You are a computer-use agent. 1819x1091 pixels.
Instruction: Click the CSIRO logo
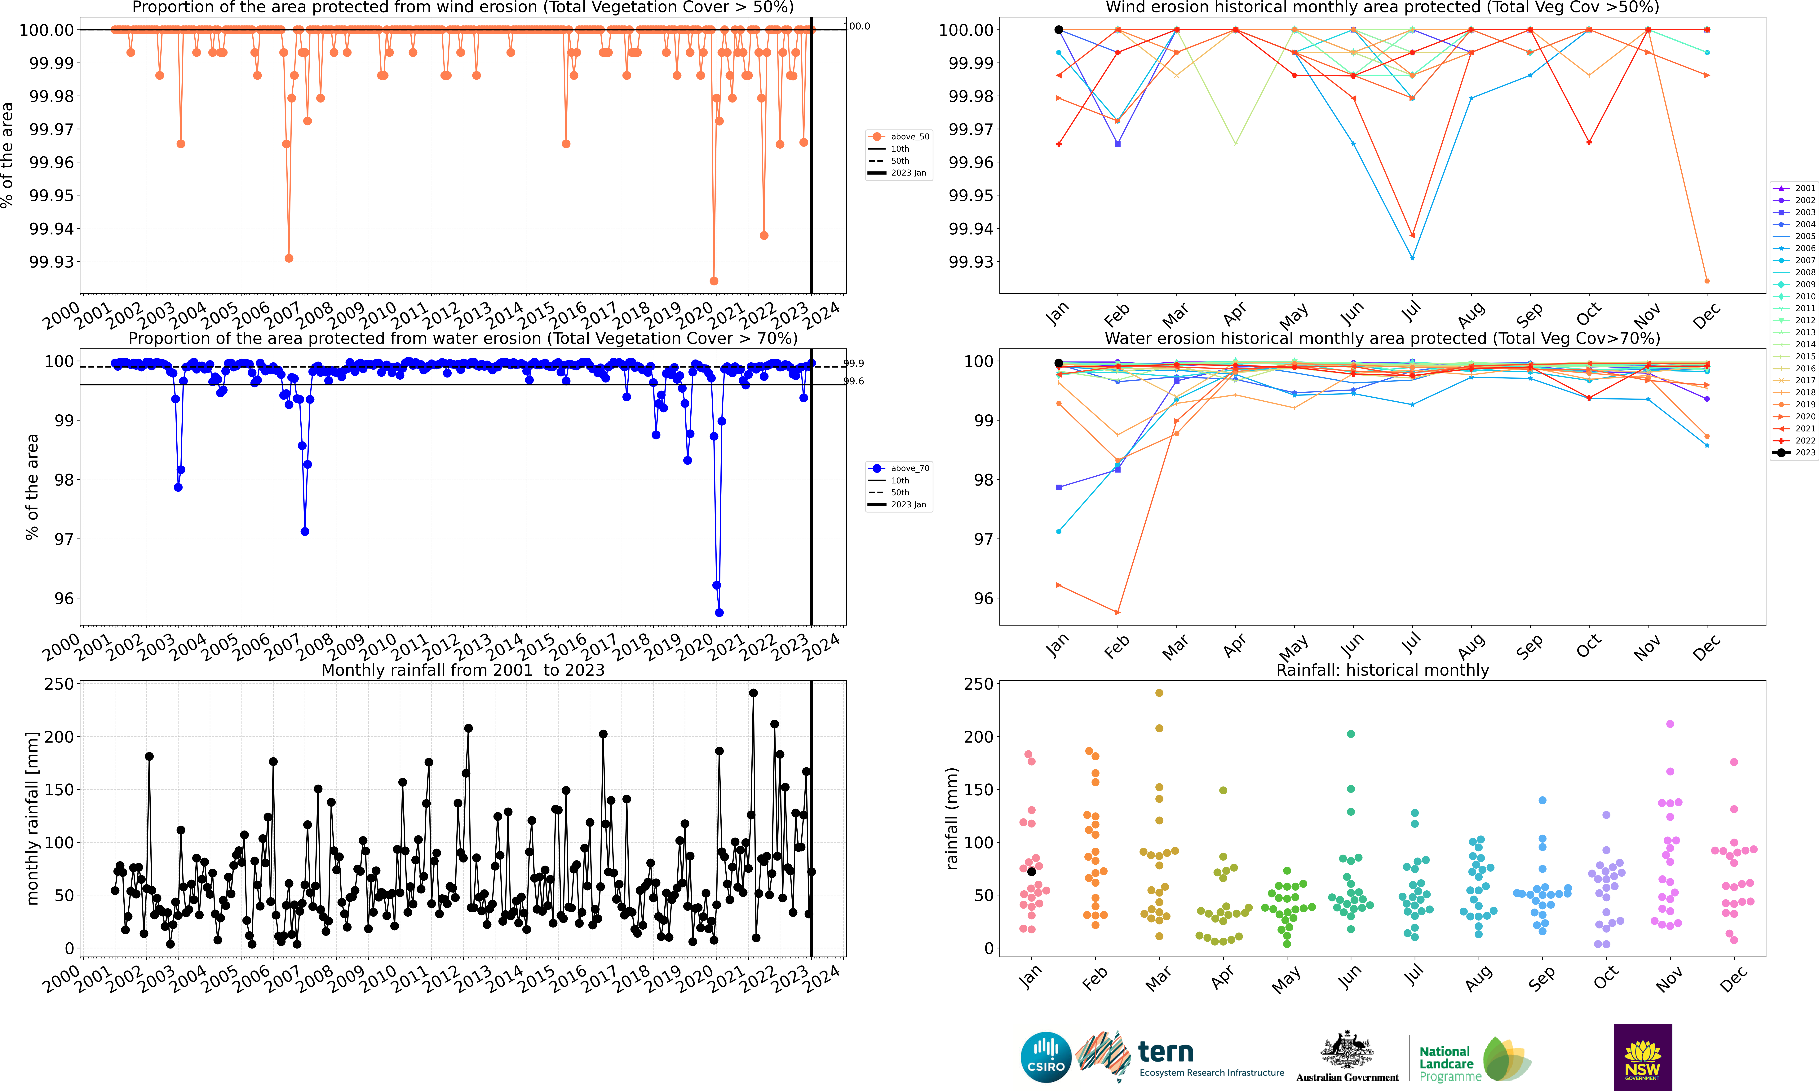point(1045,1057)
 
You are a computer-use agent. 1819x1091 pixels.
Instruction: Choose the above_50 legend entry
point(899,137)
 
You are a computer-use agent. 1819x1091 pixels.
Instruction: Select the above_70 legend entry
point(899,468)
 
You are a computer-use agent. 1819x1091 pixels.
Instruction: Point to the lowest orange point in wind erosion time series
point(714,281)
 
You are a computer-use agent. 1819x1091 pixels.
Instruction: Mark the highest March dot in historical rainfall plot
point(1159,692)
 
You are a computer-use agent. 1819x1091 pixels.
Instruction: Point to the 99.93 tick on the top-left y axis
point(51,262)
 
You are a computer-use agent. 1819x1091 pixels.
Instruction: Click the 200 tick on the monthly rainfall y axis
point(59,737)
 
